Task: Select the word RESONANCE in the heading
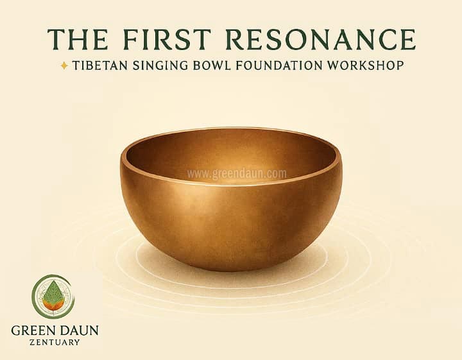[321, 40]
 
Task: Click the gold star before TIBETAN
[64, 65]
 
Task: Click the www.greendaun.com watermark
[237, 173]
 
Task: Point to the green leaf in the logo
[53, 291]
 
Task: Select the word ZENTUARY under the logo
[55, 343]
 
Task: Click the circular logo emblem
[53, 296]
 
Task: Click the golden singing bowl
[231, 205]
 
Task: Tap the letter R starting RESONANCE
[237, 40]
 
